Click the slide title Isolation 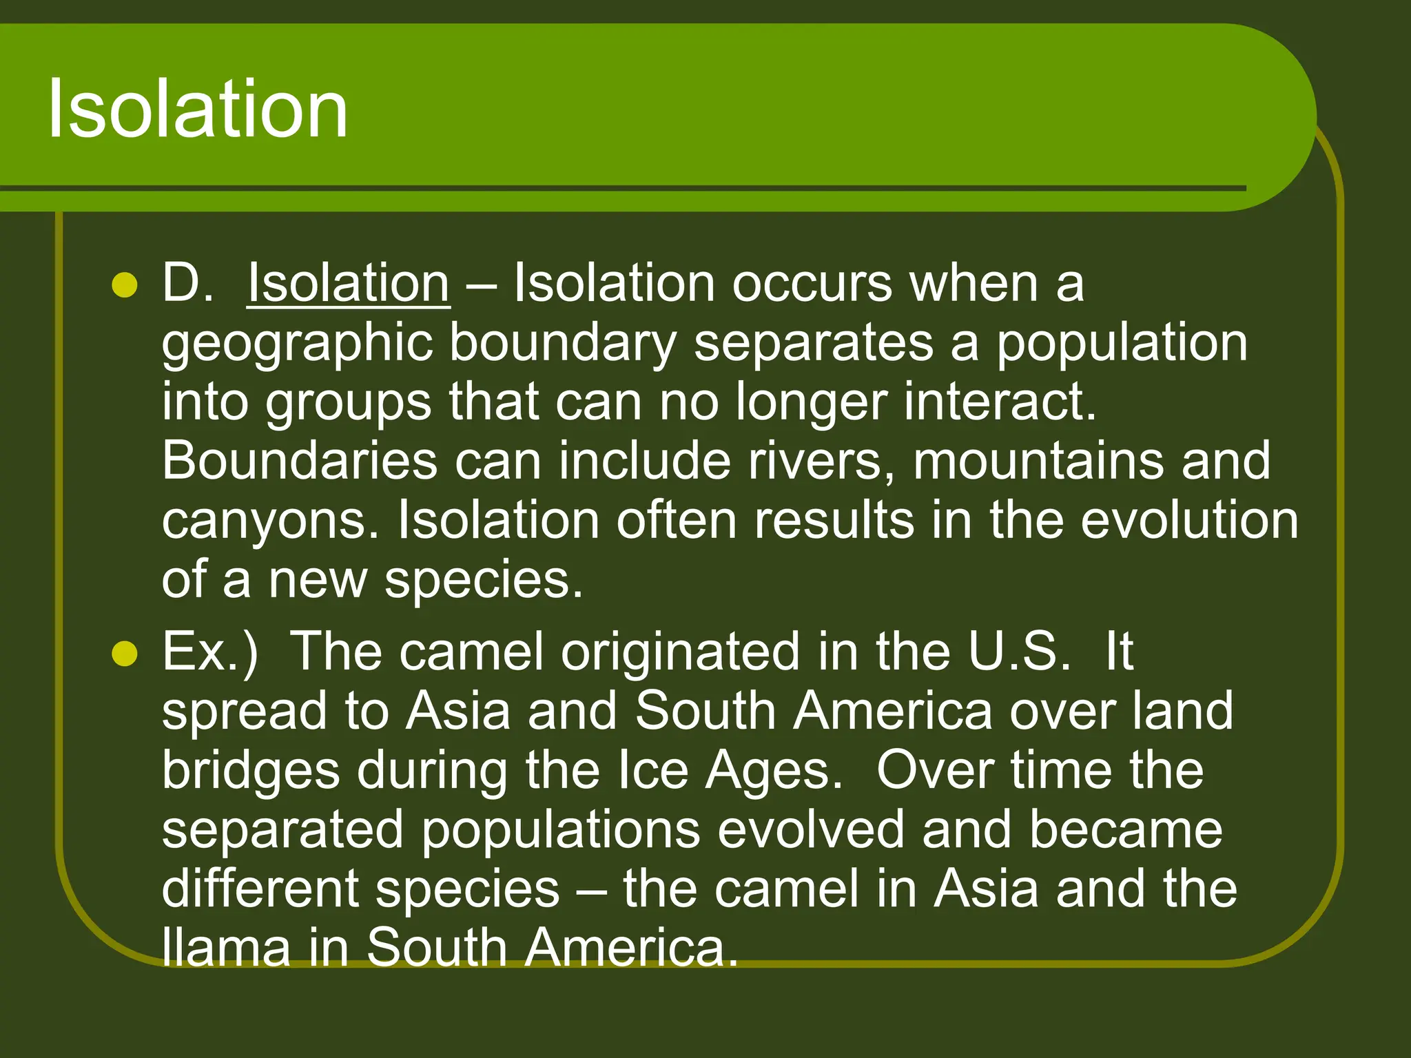click(x=198, y=109)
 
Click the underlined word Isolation click(x=349, y=282)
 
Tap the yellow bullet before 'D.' click(x=125, y=284)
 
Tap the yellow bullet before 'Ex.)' click(x=125, y=653)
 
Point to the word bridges click(x=251, y=771)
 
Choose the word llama click(x=226, y=948)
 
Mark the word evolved click(x=810, y=829)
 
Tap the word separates click(x=813, y=342)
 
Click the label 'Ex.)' click(x=209, y=652)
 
